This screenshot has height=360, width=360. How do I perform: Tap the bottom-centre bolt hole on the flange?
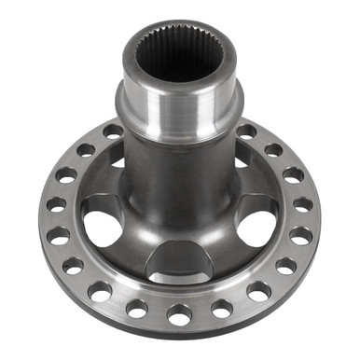tap(179, 313)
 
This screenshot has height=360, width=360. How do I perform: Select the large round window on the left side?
tap(102, 227)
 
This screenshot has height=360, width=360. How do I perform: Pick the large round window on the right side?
tap(256, 227)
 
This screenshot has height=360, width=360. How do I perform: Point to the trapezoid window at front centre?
tap(179, 264)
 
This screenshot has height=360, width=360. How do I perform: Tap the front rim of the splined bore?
tap(179, 80)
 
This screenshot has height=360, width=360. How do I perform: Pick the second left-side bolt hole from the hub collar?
tap(86, 149)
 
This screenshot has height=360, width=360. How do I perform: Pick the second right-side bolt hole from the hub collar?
tap(273, 149)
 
